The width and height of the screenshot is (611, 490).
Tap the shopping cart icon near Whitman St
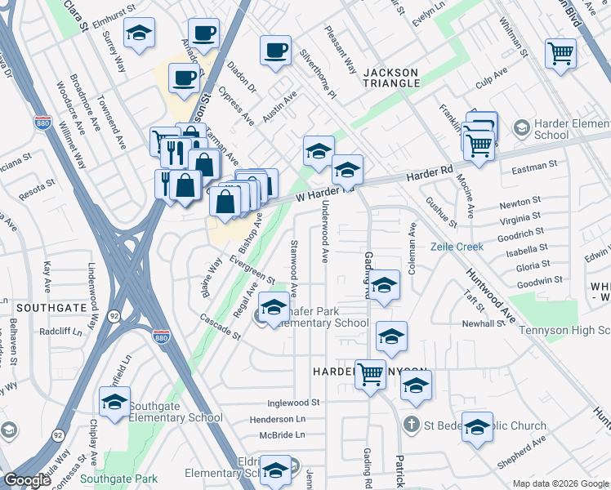pyautogui.click(x=561, y=54)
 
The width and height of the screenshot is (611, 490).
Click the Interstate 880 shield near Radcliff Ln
pyautogui.click(x=162, y=335)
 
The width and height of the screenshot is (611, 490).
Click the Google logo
pyautogui.click(x=28, y=480)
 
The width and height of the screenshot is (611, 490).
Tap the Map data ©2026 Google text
pyautogui.click(x=560, y=483)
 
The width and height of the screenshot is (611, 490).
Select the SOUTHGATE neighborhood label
pyautogui.click(x=51, y=308)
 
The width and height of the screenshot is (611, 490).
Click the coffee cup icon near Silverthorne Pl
pyautogui.click(x=275, y=51)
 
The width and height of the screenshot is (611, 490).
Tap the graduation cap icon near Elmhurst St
pyautogui.click(x=140, y=33)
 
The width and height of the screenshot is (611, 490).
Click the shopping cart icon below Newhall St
pyautogui.click(x=371, y=375)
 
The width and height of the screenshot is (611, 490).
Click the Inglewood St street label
pyautogui.click(x=293, y=403)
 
